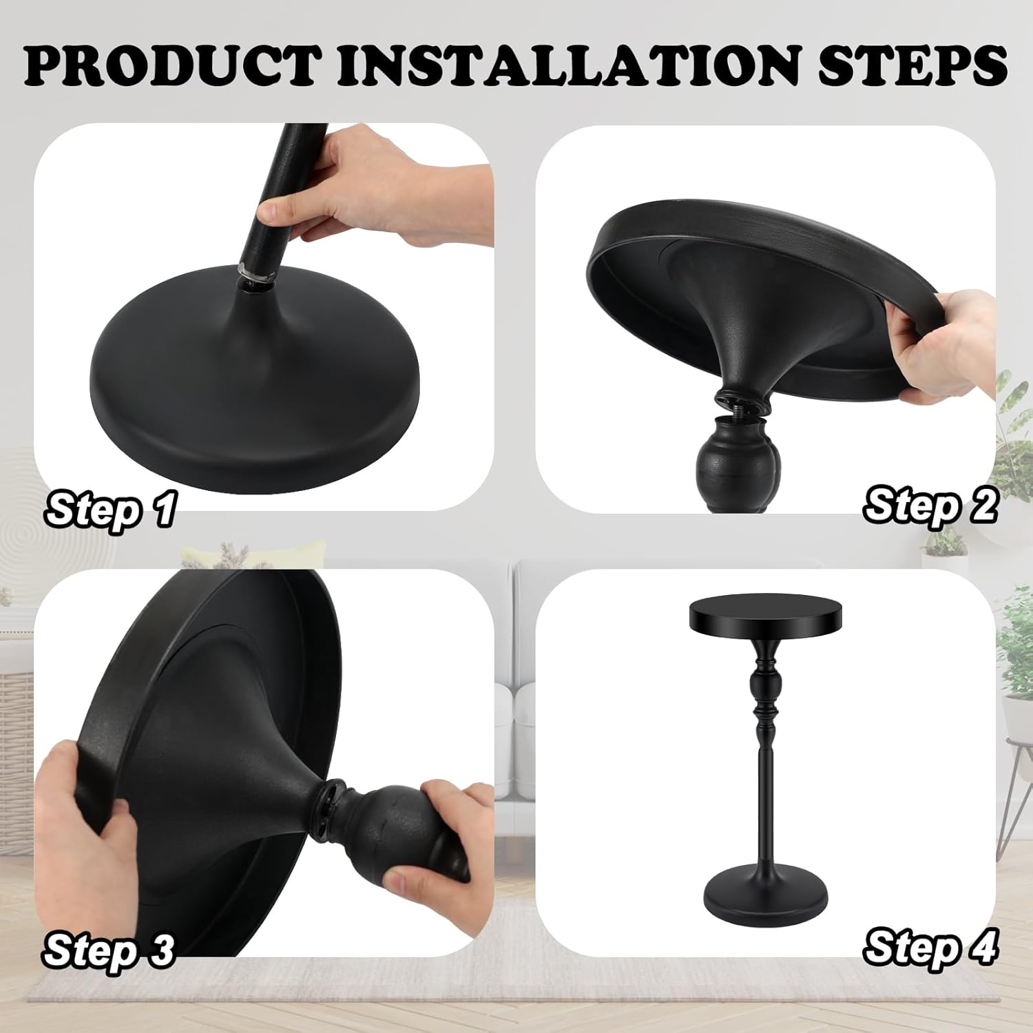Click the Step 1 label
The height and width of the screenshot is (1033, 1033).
(110, 510)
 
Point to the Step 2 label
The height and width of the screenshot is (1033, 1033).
(930, 507)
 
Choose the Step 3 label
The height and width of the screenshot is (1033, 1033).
(109, 950)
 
